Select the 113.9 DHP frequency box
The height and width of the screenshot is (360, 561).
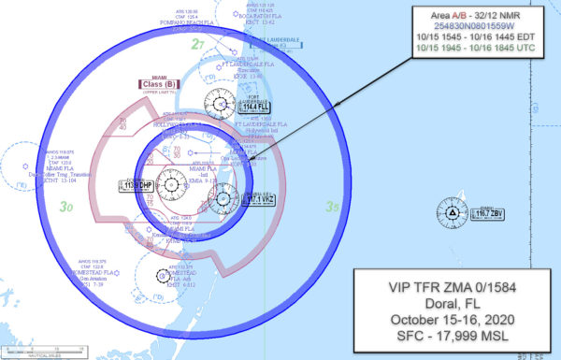click(135, 185)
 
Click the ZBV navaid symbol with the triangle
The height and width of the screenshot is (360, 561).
click(453, 215)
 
